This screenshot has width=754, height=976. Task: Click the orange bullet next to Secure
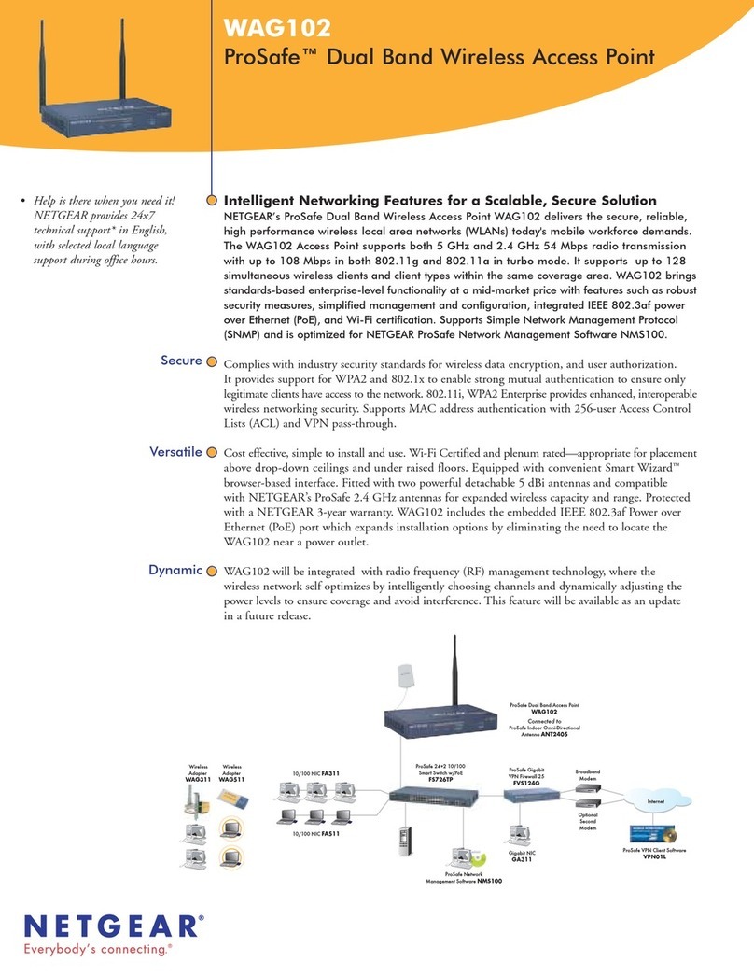(x=212, y=361)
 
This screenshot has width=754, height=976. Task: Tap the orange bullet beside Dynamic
(x=212, y=571)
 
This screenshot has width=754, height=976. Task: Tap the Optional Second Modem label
(x=587, y=821)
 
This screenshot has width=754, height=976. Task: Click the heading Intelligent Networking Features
(x=440, y=201)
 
